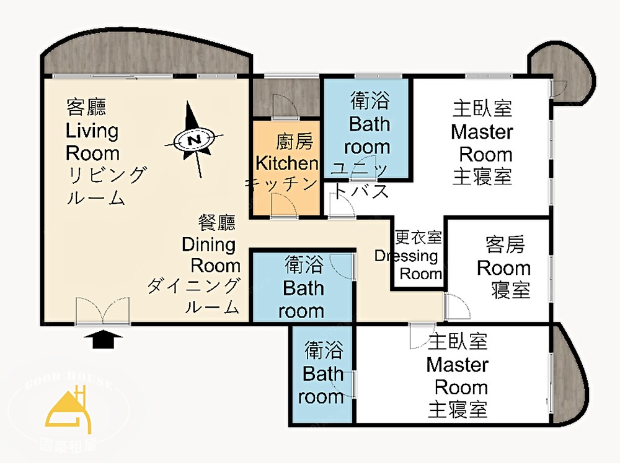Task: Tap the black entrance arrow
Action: pos(104,340)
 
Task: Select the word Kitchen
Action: pos(286,163)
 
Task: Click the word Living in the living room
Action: pos(92,131)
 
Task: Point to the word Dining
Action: pos(209,244)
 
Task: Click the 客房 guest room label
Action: pos(505,244)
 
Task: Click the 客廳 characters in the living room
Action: pos(86,107)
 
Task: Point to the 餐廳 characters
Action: pos(216,223)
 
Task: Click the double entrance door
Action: pos(103,311)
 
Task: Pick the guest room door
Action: pos(457,306)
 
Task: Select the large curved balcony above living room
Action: pos(146,51)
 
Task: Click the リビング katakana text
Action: pos(107,175)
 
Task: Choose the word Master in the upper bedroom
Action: pos(482,131)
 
